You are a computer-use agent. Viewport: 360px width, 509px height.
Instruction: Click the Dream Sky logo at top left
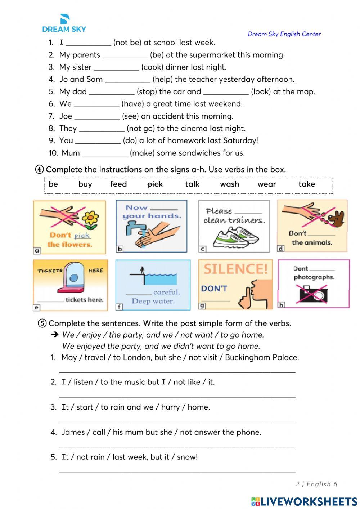(x=64, y=23)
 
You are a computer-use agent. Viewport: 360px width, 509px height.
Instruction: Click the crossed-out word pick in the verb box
(x=155, y=184)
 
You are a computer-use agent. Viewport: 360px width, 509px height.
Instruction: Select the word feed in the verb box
(x=118, y=184)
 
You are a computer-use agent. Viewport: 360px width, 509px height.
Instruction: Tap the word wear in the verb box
(x=267, y=184)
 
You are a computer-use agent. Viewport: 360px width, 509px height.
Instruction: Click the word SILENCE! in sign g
(x=236, y=269)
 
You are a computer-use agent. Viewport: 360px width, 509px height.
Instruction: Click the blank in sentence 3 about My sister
(x=116, y=67)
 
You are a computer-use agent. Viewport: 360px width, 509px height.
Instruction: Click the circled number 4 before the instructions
(x=40, y=170)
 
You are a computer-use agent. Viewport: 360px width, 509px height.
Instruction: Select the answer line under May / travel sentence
(x=177, y=371)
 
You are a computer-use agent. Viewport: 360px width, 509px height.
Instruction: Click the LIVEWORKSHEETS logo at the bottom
(x=304, y=501)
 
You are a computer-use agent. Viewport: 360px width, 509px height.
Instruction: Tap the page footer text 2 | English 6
(x=316, y=484)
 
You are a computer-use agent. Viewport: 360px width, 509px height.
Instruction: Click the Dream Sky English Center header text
(x=284, y=34)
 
